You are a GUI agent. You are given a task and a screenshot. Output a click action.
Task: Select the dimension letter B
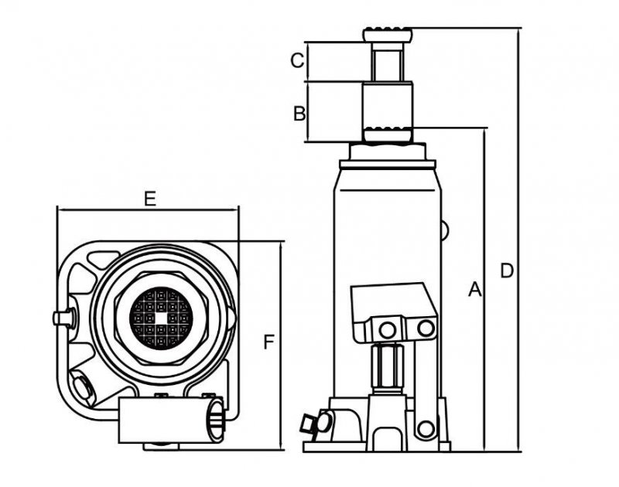(299, 113)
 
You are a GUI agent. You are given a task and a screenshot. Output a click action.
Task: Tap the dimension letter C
(296, 60)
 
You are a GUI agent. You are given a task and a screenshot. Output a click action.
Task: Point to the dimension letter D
(506, 271)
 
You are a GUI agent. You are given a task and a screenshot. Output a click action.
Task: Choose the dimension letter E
(150, 199)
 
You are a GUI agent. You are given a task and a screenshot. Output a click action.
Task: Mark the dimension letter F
(268, 342)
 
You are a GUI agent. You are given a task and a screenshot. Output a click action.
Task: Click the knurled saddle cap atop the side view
(387, 35)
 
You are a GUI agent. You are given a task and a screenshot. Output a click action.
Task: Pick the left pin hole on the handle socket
(387, 330)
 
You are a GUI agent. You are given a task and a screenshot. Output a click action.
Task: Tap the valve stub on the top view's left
(63, 317)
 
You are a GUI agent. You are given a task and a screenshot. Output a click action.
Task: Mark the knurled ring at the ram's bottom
(387, 134)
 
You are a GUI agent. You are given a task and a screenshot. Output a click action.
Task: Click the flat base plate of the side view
(377, 446)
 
